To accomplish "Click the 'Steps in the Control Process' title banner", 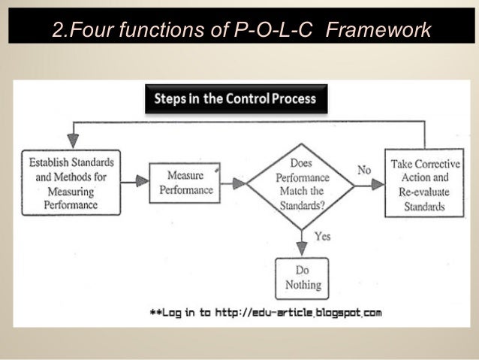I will [235, 98].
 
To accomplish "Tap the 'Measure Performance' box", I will [185, 182].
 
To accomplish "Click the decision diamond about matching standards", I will [301, 182].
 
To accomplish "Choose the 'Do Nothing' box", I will [303, 277].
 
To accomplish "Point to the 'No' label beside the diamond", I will [364, 170].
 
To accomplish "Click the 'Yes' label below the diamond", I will [322, 236].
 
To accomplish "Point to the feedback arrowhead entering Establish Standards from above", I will [73, 140].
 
